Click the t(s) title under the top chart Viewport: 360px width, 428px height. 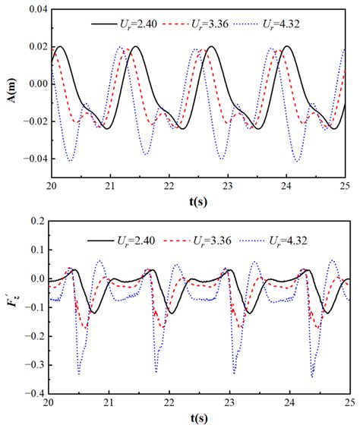[x=198, y=203]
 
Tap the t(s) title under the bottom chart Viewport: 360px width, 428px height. [x=198, y=419]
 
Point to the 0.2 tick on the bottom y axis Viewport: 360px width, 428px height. [x=35, y=220]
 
